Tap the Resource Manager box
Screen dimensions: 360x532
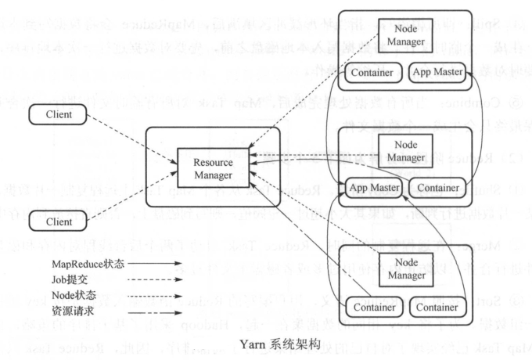click(x=212, y=166)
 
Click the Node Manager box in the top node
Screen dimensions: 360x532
click(x=404, y=37)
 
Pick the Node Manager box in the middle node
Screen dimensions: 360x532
click(x=404, y=151)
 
